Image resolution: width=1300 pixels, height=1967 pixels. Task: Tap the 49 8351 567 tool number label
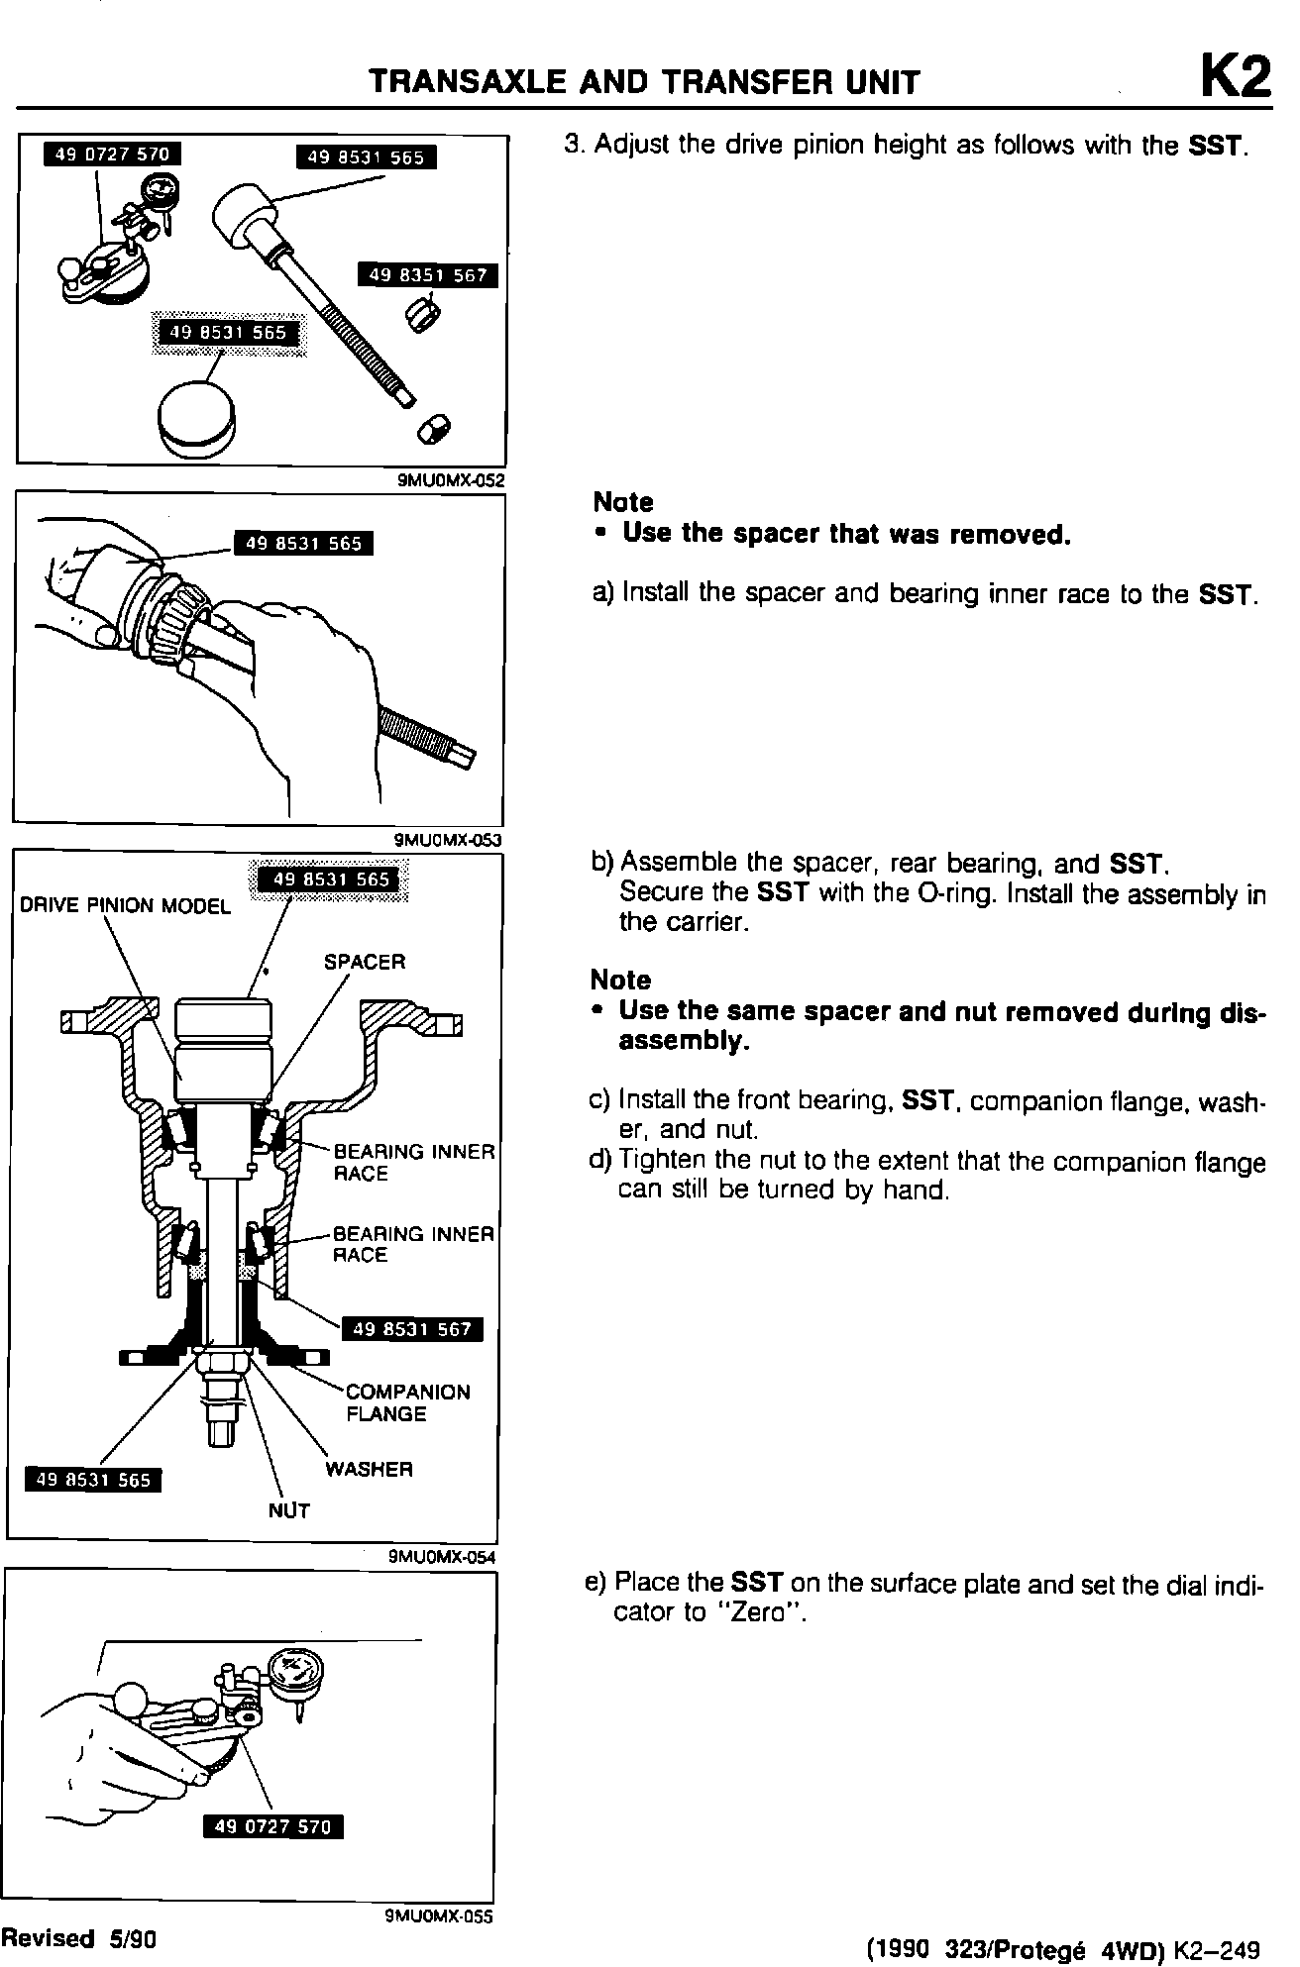click(428, 275)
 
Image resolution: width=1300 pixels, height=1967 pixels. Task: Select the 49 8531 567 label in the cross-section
click(411, 1329)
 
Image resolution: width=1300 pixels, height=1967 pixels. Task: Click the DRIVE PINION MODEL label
click(125, 906)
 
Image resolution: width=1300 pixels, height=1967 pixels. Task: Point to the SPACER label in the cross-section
click(365, 962)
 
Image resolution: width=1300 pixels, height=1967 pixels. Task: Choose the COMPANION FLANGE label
click(407, 1402)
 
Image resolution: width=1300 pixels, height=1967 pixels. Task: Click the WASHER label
click(369, 1469)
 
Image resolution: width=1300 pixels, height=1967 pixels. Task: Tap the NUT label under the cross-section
click(288, 1510)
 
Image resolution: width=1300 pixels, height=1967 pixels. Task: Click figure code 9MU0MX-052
click(451, 481)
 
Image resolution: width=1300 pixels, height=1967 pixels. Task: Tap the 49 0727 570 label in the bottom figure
click(272, 1826)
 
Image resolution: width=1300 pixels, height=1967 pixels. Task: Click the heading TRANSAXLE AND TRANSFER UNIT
click(644, 81)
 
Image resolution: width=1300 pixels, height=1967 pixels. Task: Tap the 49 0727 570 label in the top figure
click(112, 155)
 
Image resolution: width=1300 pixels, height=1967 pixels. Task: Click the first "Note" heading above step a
click(623, 502)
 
